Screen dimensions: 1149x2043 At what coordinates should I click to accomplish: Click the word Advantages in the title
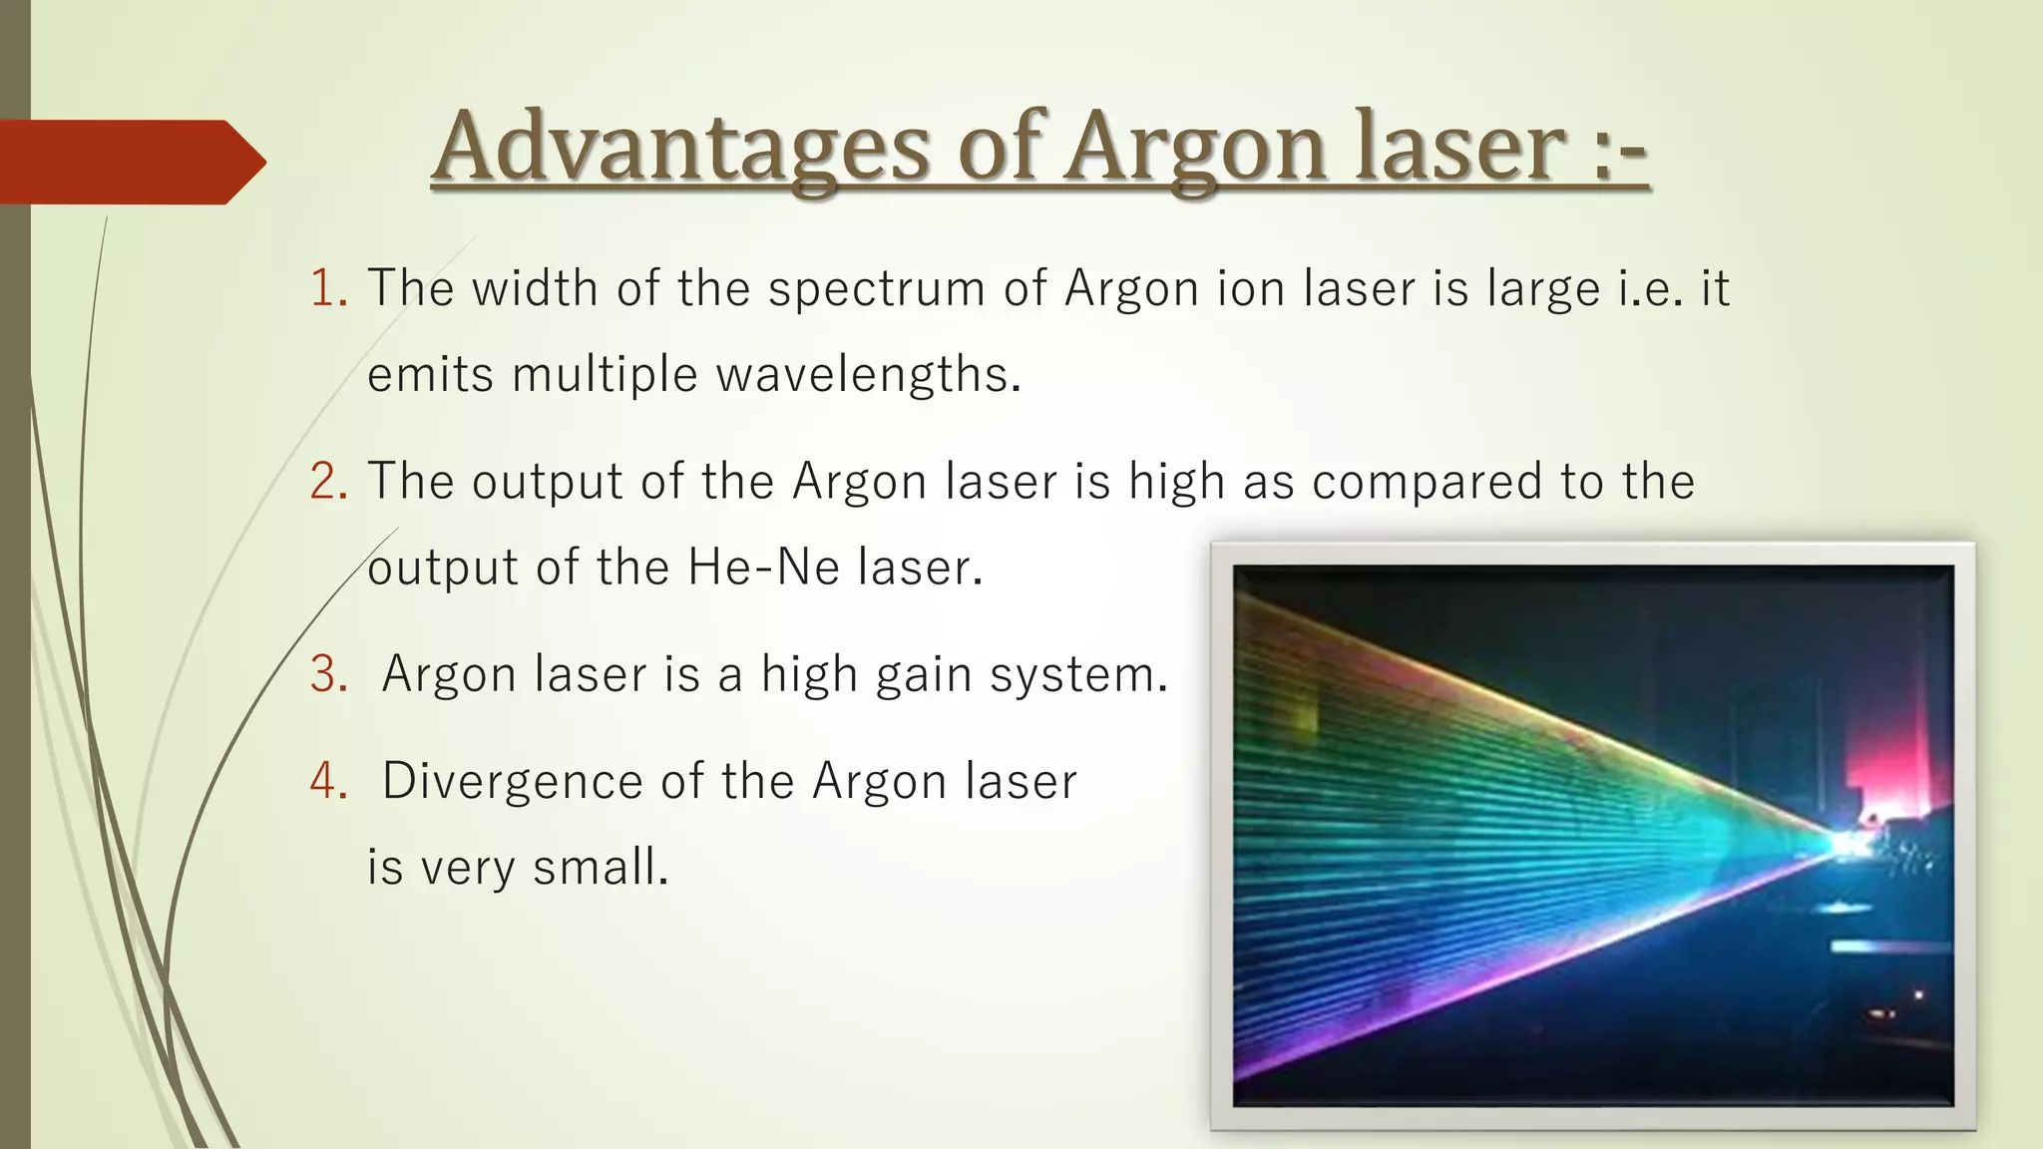coord(682,148)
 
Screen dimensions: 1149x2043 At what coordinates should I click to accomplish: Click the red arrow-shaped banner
coord(125,162)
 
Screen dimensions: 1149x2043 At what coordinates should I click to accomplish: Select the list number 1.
coord(324,289)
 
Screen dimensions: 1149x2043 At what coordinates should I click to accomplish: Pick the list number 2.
coord(325,482)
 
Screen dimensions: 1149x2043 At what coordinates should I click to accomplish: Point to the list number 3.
coord(325,674)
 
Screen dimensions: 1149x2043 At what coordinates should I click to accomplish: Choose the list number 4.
coord(325,781)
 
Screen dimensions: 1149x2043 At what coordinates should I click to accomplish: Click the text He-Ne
coord(764,569)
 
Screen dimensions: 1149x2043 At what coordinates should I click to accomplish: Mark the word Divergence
coord(512,781)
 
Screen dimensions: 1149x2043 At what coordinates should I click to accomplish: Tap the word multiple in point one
coord(605,376)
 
